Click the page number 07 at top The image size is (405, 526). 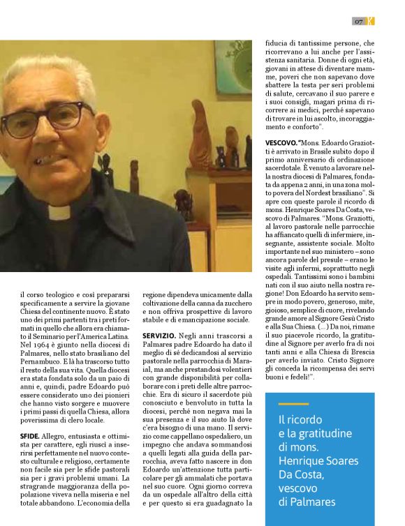click(x=358, y=22)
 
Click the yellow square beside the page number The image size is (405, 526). click(x=371, y=22)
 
